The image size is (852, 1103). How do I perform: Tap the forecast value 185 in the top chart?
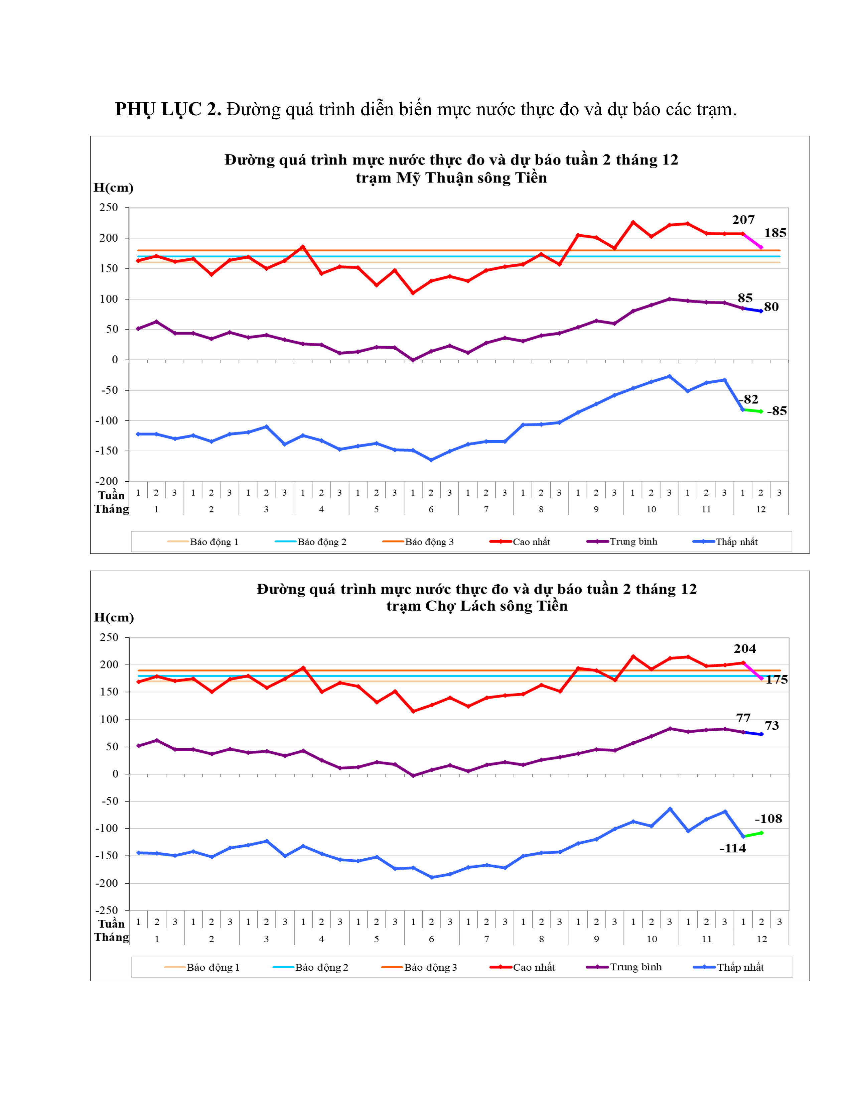775,233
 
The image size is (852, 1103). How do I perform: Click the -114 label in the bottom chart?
732,848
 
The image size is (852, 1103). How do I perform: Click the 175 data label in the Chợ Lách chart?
776,680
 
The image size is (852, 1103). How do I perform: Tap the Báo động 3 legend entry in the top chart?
429,542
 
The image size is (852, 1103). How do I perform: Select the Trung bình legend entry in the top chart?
633,541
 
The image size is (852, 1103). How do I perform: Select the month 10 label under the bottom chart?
652,939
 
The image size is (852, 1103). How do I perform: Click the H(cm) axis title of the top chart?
114,188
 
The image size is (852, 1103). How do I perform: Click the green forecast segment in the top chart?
752,410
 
